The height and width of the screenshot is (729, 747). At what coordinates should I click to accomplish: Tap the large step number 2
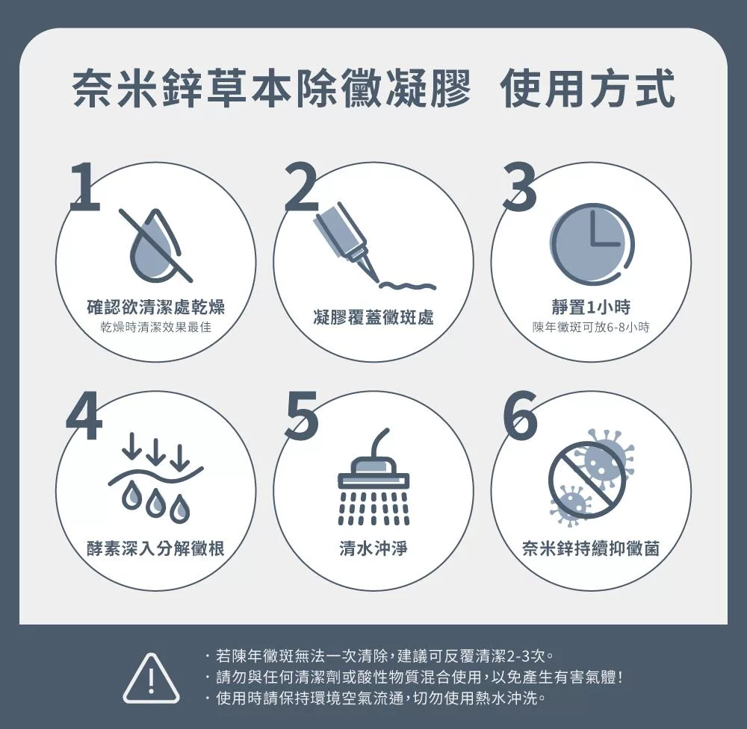point(302,187)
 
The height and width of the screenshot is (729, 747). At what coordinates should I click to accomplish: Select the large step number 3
point(520,187)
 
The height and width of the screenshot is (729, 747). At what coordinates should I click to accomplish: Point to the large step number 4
point(84,416)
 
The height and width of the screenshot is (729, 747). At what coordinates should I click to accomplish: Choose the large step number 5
point(302,416)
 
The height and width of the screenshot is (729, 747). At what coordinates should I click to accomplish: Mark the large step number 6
point(521,416)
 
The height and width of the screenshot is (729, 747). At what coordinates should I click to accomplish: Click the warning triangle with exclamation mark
point(151,678)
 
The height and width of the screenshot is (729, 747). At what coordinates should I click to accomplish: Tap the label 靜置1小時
point(591,307)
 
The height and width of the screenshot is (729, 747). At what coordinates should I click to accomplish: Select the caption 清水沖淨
point(373,548)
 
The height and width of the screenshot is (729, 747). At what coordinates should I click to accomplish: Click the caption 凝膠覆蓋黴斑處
point(373,317)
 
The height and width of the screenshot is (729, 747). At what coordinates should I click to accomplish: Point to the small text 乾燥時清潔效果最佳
point(155,327)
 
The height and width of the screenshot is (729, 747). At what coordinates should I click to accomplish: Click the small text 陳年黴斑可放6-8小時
point(591,327)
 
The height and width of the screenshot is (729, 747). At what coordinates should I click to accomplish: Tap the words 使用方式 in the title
point(587,88)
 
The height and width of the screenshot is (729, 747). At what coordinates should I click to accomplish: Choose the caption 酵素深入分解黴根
point(155,548)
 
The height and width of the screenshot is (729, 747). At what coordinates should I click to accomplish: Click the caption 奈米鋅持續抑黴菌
point(591,548)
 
